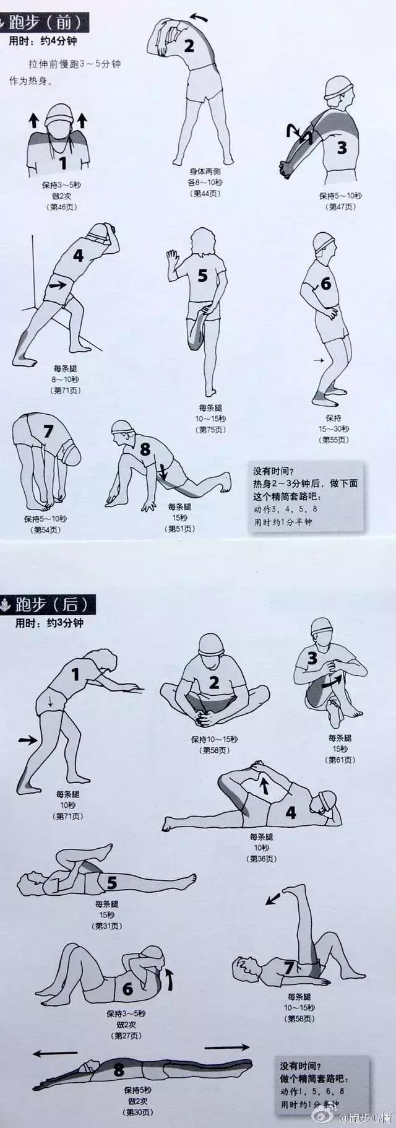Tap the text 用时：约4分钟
tap(43, 42)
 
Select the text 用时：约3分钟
tap(49, 623)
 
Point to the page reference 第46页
tap(62, 207)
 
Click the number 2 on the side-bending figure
tap(189, 45)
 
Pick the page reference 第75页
tap(210, 429)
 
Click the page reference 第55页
tap(334, 440)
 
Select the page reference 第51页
tap(180, 529)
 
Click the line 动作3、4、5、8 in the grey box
tap(285, 509)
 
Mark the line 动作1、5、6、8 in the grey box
tap(312, 1091)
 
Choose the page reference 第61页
tap(340, 760)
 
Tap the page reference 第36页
tap(262, 859)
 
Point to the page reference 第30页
tap(139, 1113)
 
